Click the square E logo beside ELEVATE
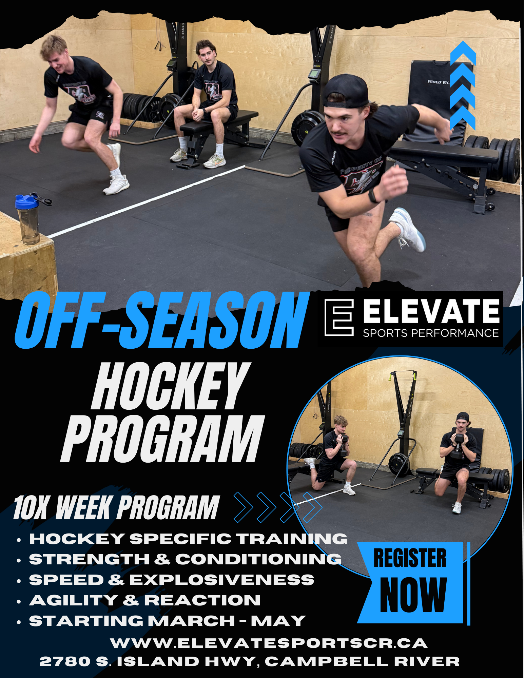tap(339, 318)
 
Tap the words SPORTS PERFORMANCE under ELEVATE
tap(430, 333)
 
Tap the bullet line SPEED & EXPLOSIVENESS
tap(172, 580)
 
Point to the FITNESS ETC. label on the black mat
tap(438, 82)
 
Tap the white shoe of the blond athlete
tap(116, 185)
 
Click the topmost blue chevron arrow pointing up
tap(463, 53)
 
